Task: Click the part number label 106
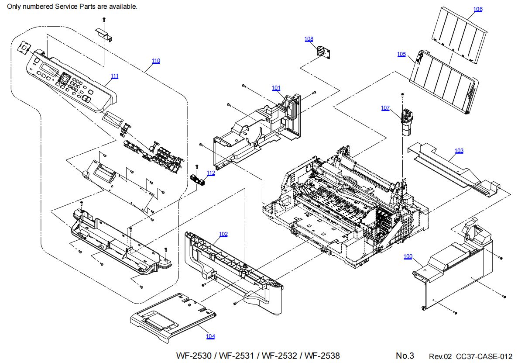pos(478,9)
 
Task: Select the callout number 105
pos(401,54)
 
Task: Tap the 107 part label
pos(385,108)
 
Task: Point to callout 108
pos(309,39)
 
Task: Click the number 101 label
pos(276,88)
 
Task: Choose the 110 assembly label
pos(155,61)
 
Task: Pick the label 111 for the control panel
pos(114,76)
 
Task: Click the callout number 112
pos(211,173)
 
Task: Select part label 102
pos(223,234)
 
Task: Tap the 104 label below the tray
pos(210,336)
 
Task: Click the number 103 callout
pos(459,151)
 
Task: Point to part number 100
pos(408,256)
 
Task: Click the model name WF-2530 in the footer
pos(195,356)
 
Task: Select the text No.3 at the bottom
pos(405,356)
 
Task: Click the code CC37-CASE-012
pos(484,356)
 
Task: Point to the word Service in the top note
pos(69,7)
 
